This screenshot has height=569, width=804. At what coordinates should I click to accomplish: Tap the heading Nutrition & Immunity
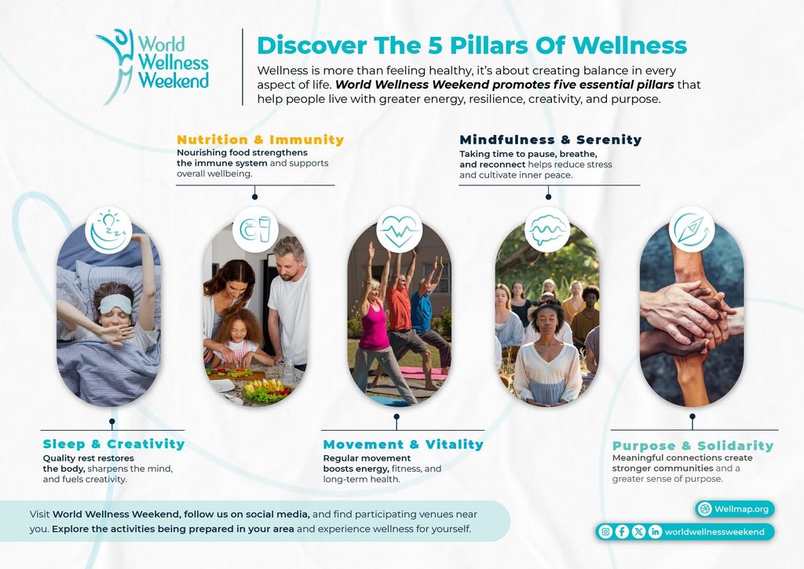point(261,140)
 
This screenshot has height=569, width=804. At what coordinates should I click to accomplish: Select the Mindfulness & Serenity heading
point(550,140)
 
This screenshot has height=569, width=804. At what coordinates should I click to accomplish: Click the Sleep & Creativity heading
point(114,444)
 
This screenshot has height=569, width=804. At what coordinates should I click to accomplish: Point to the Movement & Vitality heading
point(403,444)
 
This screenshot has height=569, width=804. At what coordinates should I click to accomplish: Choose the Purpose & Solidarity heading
point(693,446)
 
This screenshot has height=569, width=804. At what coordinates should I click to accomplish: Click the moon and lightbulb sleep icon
point(108,230)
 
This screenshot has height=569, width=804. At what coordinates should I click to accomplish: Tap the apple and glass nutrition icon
point(255,229)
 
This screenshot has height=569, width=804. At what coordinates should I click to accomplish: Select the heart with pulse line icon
point(399,230)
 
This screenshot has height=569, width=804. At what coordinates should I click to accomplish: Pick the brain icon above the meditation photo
point(547,230)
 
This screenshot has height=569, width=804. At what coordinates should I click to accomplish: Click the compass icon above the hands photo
point(692,230)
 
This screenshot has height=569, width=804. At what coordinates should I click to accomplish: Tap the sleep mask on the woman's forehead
point(115,303)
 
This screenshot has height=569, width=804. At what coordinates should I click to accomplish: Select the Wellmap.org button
point(735,509)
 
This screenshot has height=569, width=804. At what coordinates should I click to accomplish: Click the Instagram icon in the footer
point(605,531)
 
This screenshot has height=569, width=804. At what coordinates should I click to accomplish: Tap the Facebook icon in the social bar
point(622,531)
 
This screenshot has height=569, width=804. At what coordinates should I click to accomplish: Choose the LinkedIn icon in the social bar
point(655,531)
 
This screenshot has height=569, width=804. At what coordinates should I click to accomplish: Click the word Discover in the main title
point(312,45)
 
